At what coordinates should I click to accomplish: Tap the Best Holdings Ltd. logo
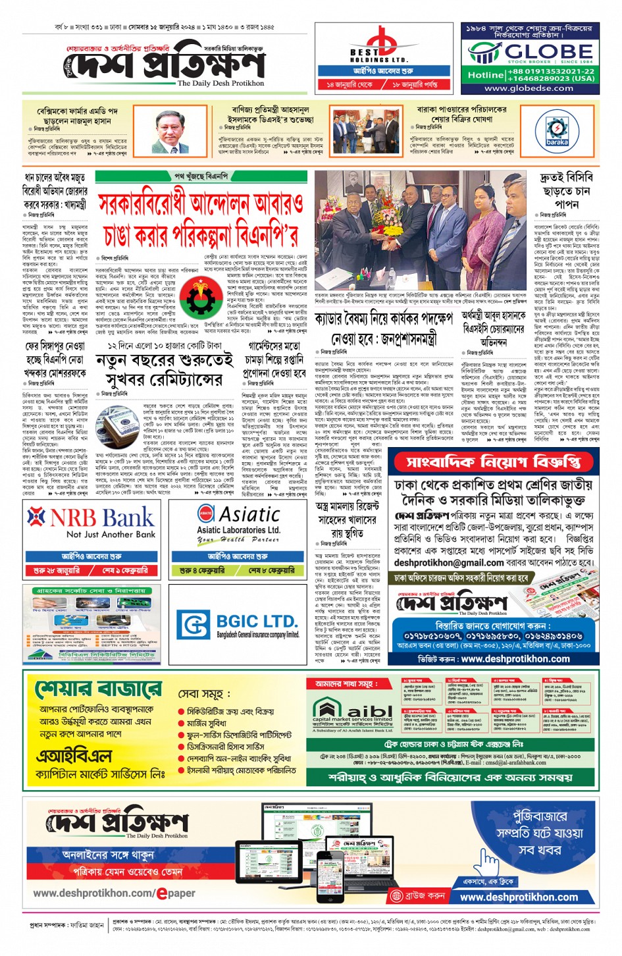(x=378, y=45)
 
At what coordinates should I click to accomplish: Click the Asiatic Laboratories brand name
(x=249, y=514)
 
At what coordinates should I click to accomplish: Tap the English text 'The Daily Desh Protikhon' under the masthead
(x=220, y=84)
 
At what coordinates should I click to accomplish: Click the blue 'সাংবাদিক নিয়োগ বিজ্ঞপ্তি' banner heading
(x=493, y=462)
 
